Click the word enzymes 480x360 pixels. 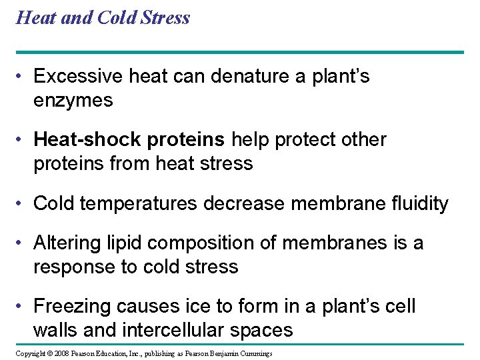[73, 101]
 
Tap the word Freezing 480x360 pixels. [73, 306]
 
